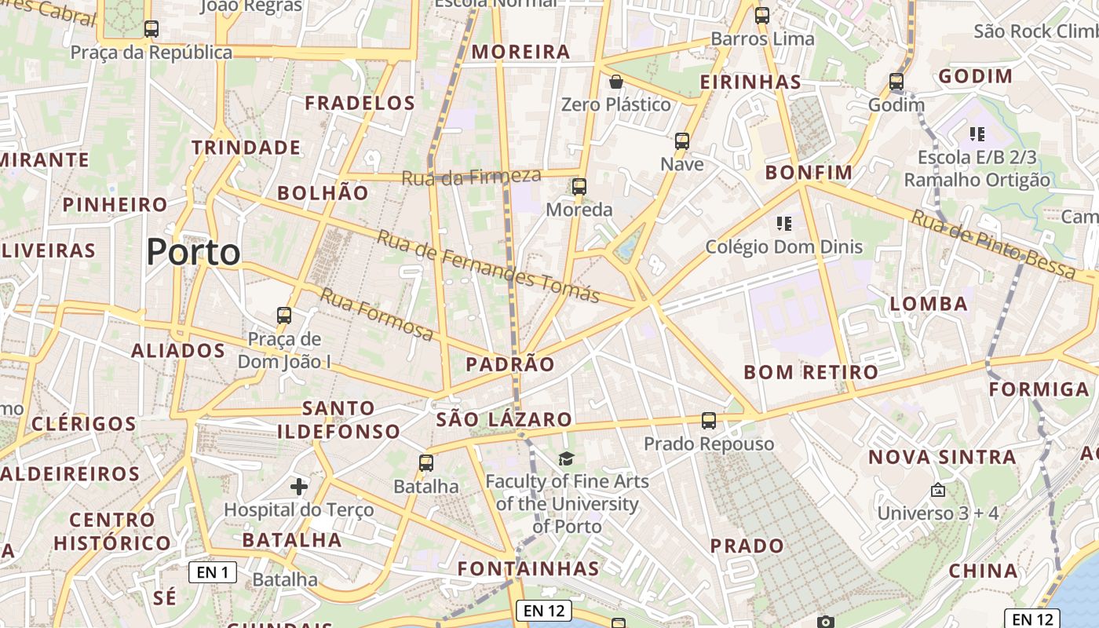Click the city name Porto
[x=193, y=252]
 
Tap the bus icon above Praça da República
[x=152, y=29]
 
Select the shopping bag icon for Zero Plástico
[x=616, y=82]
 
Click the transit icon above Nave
[x=681, y=141]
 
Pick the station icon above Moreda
[x=579, y=187]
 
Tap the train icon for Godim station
[x=896, y=82]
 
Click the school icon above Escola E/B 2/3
[x=977, y=134]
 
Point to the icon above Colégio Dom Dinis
[x=783, y=224]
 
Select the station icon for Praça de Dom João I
[x=284, y=316]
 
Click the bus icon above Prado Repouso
[x=708, y=421]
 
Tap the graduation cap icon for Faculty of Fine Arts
[x=566, y=458]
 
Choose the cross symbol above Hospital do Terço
[x=299, y=487]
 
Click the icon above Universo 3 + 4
[x=937, y=491]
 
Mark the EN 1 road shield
[x=213, y=572]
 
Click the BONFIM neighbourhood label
[x=809, y=173]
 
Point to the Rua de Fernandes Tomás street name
[x=488, y=267]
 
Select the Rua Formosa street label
[x=377, y=314]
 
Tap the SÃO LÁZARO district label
[x=504, y=419]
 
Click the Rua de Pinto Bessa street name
[x=994, y=243]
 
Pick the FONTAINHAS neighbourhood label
[x=528, y=568]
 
